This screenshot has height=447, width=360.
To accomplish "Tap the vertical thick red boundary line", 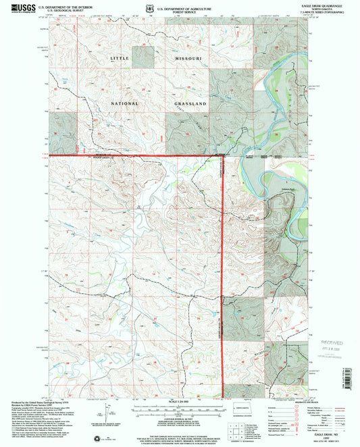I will tap(224, 270).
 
